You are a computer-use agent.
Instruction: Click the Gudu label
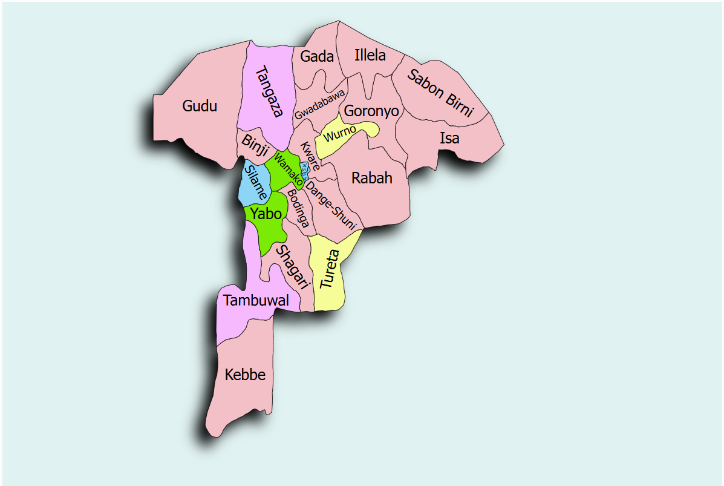200,107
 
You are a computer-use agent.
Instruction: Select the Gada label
317,56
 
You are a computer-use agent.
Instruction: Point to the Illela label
370,56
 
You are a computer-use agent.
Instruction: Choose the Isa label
449,138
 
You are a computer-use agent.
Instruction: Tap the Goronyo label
371,111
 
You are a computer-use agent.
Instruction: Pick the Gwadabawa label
320,104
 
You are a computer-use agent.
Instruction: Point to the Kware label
310,156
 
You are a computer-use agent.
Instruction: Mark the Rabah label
372,178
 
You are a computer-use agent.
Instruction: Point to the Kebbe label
245,375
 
